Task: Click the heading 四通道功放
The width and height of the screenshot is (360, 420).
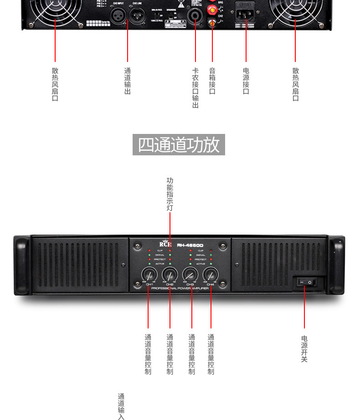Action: point(179,144)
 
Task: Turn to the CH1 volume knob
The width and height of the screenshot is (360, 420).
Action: point(149,274)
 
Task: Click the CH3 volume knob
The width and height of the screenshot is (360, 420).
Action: point(190,274)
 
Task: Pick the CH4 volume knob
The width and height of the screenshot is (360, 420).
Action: point(211,274)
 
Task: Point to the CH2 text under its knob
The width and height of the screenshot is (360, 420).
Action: point(170,285)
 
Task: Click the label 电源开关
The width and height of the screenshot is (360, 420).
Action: point(304,348)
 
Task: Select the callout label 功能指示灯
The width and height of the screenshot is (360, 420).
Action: point(170,194)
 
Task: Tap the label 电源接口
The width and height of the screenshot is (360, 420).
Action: point(246,81)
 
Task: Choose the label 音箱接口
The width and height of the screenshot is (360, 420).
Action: point(212,81)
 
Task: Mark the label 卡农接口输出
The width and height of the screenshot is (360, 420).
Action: point(195,88)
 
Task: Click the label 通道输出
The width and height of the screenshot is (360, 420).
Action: point(128,81)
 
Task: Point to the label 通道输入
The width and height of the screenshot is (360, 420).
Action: point(121,406)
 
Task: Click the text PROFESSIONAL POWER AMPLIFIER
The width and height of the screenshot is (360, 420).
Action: point(180,288)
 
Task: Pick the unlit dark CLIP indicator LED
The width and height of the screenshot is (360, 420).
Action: point(211,251)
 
